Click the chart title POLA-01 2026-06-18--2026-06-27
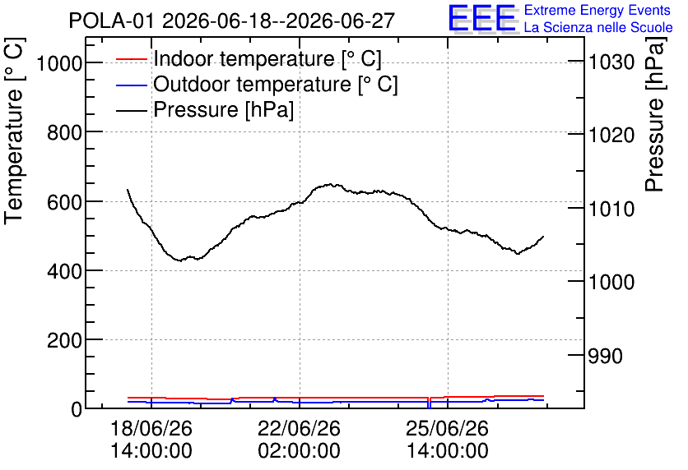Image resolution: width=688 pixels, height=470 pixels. (232, 21)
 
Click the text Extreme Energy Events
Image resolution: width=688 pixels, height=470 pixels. (597, 10)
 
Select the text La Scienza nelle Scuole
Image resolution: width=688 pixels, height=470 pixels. (598, 27)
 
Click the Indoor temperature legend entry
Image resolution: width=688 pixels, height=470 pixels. (249, 58)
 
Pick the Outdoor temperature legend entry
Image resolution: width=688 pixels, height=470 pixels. (257, 84)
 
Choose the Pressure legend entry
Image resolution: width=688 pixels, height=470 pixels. (205, 109)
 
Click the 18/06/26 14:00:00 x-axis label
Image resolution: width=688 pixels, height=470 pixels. (151, 440)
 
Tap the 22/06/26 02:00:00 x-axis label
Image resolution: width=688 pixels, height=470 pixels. (300, 440)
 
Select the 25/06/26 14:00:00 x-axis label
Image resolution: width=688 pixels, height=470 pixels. (448, 440)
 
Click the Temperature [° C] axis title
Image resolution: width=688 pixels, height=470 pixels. (14, 131)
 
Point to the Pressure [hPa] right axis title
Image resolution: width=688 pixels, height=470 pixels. (655, 114)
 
